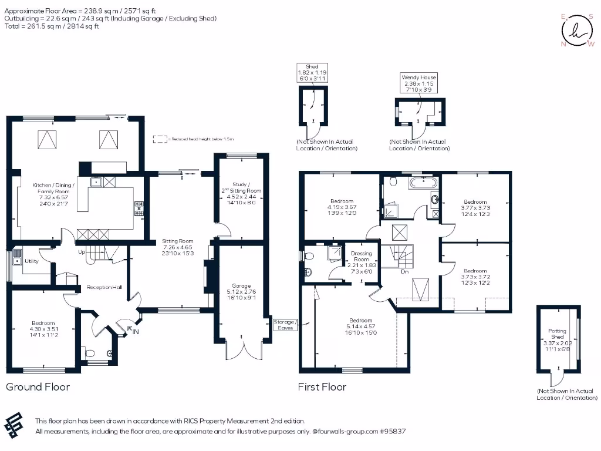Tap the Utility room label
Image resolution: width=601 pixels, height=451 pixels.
tap(31, 261)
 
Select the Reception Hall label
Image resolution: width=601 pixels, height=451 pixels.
tap(104, 287)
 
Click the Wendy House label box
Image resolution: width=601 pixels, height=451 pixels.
tap(419, 83)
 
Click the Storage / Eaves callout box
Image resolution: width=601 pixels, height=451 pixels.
tap(286, 325)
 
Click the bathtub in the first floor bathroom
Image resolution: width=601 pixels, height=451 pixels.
tap(420, 183)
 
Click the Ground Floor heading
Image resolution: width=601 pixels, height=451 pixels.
tap(38, 387)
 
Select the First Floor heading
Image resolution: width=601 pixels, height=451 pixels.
tap(322, 387)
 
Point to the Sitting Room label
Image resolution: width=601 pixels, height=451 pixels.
tap(178, 245)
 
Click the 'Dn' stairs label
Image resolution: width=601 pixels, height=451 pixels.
tap(404, 272)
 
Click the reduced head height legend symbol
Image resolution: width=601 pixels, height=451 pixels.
tap(158, 139)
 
